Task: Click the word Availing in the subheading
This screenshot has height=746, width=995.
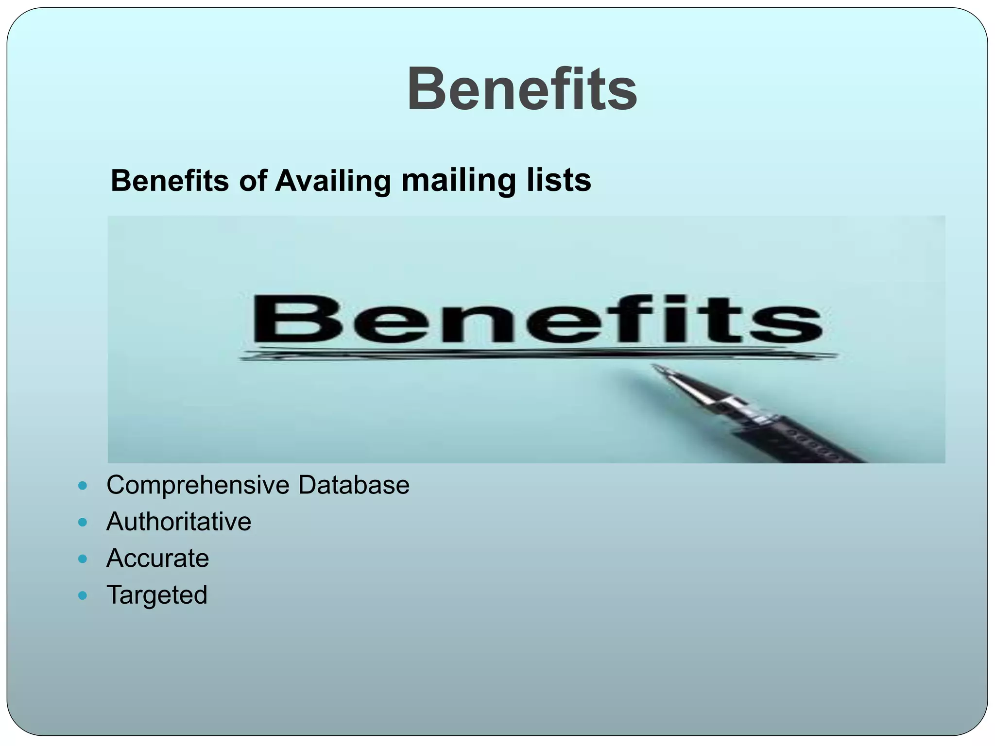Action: point(333,181)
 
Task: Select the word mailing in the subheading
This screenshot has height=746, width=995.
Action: point(458,181)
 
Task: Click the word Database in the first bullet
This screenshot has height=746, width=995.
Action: point(354,485)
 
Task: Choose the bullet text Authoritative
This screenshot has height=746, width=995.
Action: point(179,522)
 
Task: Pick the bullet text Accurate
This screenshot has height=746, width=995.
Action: point(157,558)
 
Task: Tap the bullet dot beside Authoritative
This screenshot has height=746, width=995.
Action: point(83,522)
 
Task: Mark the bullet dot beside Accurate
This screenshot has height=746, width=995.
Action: point(83,559)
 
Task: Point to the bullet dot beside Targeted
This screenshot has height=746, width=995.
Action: point(83,595)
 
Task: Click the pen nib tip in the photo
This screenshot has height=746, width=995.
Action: point(656,368)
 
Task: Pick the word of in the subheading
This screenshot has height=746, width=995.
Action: point(252,181)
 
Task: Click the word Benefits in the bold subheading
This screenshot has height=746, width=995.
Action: point(170,181)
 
